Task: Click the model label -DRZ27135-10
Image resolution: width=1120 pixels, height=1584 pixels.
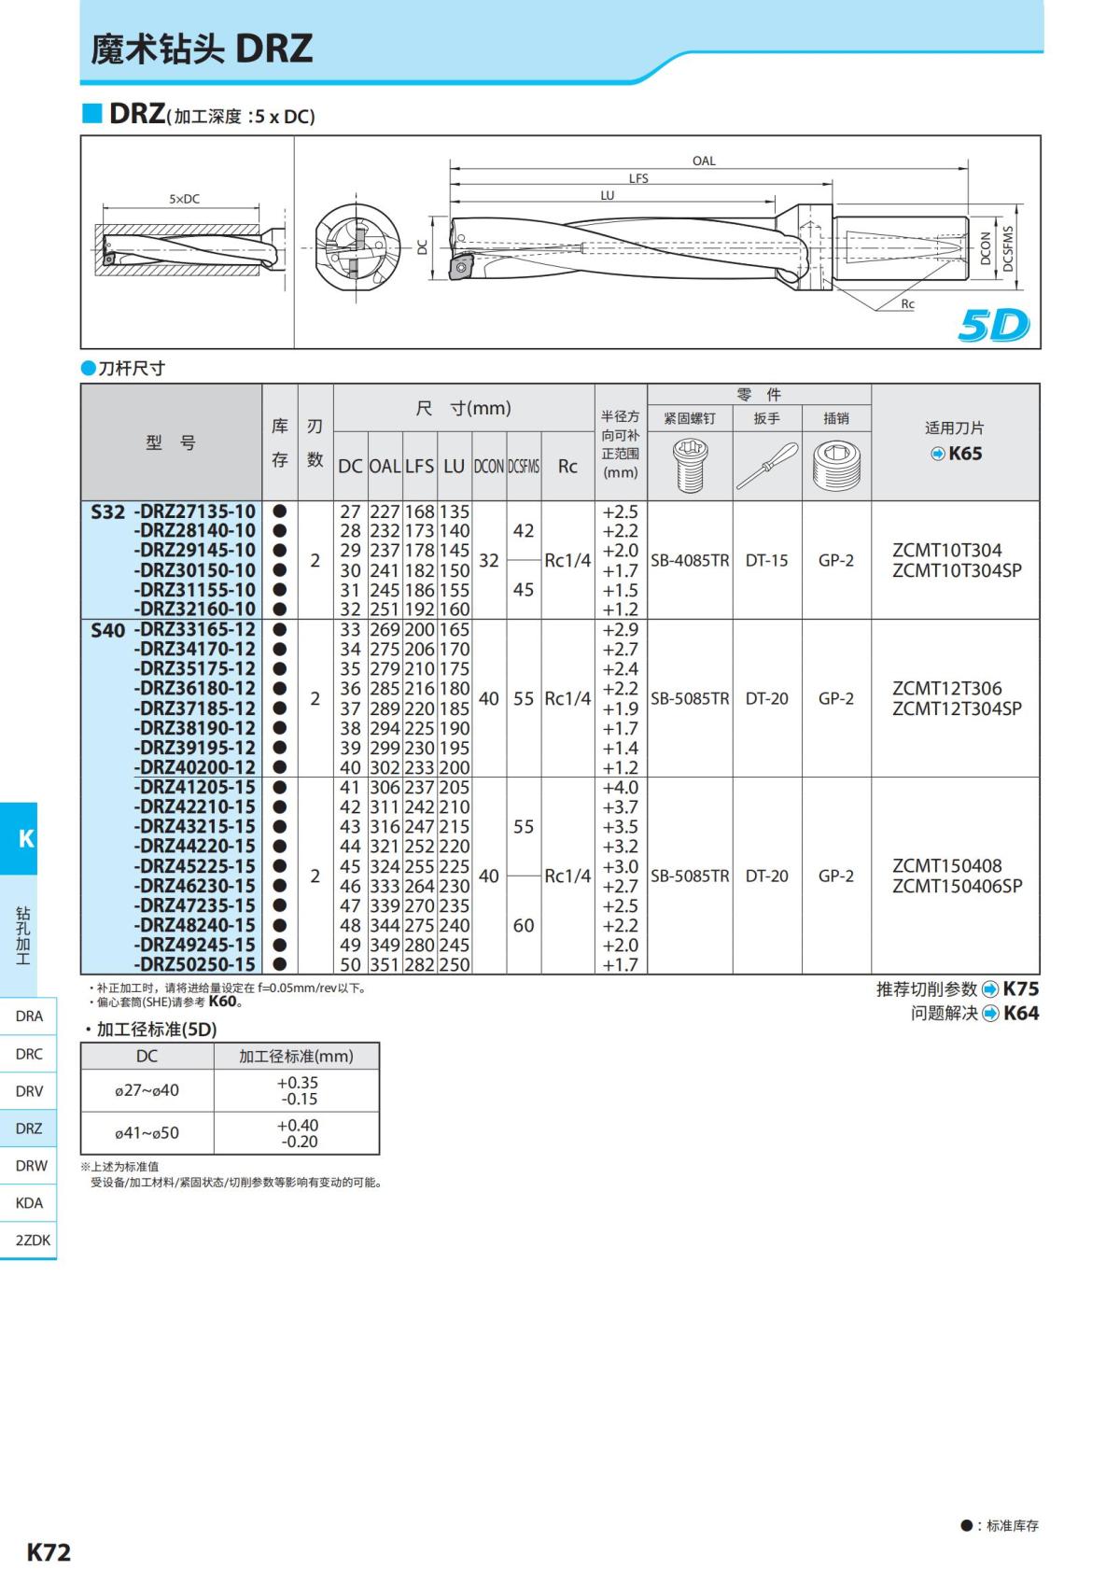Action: click(194, 512)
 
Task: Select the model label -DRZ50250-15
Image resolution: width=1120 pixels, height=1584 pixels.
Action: click(194, 964)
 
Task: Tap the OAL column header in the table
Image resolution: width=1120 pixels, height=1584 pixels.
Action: click(385, 467)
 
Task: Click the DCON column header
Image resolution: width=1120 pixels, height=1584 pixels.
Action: click(488, 467)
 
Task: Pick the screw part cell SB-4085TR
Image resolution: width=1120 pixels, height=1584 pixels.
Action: click(690, 560)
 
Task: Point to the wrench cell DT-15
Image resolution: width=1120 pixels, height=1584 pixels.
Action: click(766, 560)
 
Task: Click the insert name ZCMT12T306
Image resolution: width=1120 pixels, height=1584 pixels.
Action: click(946, 688)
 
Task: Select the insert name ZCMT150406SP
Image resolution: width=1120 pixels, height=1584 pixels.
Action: click(957, 886)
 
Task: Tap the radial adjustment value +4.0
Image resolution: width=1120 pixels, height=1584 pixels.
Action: click(620, 787)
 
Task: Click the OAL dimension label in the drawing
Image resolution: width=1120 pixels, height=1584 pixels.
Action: click(704, 161)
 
